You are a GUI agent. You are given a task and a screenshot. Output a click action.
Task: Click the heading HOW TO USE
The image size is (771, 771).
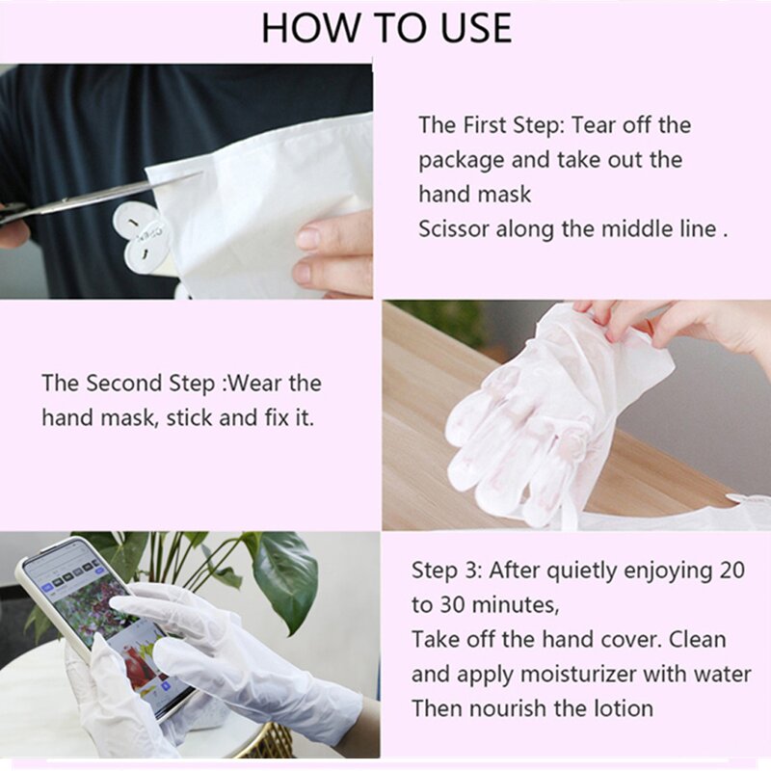[x=385, y=28]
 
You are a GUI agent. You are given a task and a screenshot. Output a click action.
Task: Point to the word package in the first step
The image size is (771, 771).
[x=458, y=159]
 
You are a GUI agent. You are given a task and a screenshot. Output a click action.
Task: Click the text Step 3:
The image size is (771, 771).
[x=447, y=570]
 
